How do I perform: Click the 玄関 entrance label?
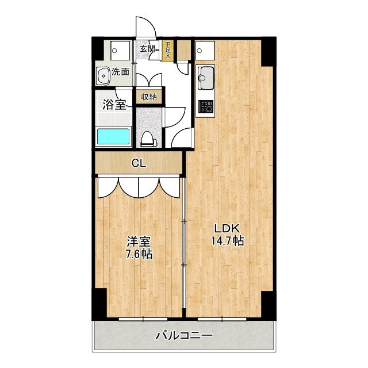click(x=147, y=49)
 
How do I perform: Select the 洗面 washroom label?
click(x=120, y=72)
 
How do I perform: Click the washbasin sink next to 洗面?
click(x=103, y=74)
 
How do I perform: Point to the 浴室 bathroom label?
click(x=114, y=105)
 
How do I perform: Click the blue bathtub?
click(x=113, y=137)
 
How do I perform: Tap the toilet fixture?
click(x=148, y=139)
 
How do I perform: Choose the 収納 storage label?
click(x=149, y=97)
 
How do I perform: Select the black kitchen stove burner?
click(x=205, y=106)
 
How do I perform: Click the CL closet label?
click(x=139, y=163)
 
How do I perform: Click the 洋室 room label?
click(x=139, y=241)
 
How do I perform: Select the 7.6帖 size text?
click(x=139, y=254)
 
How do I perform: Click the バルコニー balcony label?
click(x=184, y=335)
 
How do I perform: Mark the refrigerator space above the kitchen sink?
click(x=205, y=51)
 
